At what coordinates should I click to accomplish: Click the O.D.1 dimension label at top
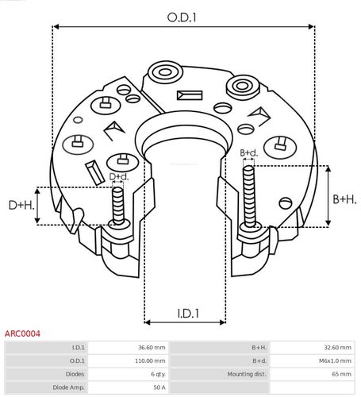[x=182, y=16]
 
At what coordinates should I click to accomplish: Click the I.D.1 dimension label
[x=184, y=314]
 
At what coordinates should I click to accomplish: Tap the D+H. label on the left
[x=21, y=206]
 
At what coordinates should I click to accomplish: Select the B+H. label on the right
[x=344, y=198]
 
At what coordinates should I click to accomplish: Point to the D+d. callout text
[x=118, y=176]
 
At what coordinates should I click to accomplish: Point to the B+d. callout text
[x=248, y=152]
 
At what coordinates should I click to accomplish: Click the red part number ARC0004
[x=23, y=334]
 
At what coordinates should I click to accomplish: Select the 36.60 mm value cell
[x=152, y=348]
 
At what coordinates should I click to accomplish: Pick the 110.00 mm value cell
[x=150, y=360]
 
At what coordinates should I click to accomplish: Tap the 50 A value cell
[x=159, y=387]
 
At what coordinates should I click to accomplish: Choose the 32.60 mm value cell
[x=334, y=348]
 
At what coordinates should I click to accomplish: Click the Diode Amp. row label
[x=70, y=387]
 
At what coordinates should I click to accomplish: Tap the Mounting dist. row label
[x=247, y=374]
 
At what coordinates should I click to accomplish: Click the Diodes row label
[x=76, y=374]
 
